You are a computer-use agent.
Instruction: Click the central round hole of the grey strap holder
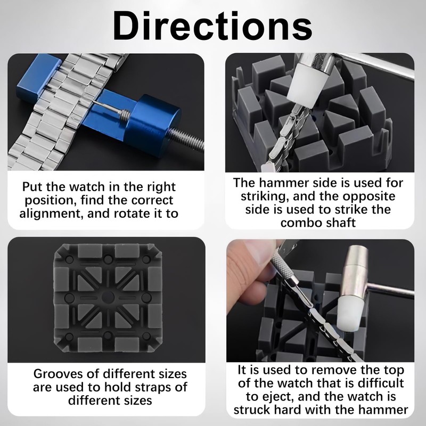tap(107, 297)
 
